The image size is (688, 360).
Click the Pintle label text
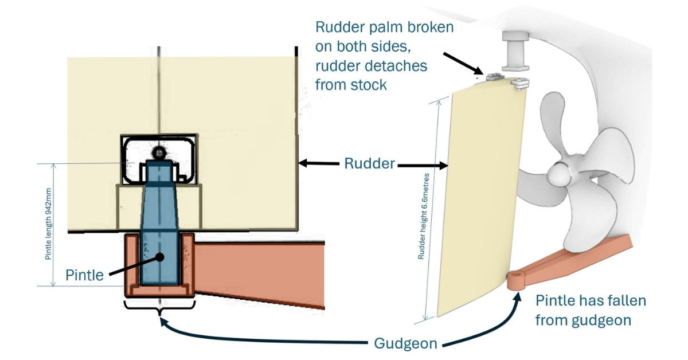(x=85, y=275)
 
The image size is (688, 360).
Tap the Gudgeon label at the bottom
(x=405, y=343)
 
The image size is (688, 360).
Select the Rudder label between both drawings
(x=369, y=164)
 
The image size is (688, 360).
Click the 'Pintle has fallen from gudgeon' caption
(x=591, y=310)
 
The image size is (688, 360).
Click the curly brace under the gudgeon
(x=159, y=306)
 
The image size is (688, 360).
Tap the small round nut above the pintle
(x=158, y=152)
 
